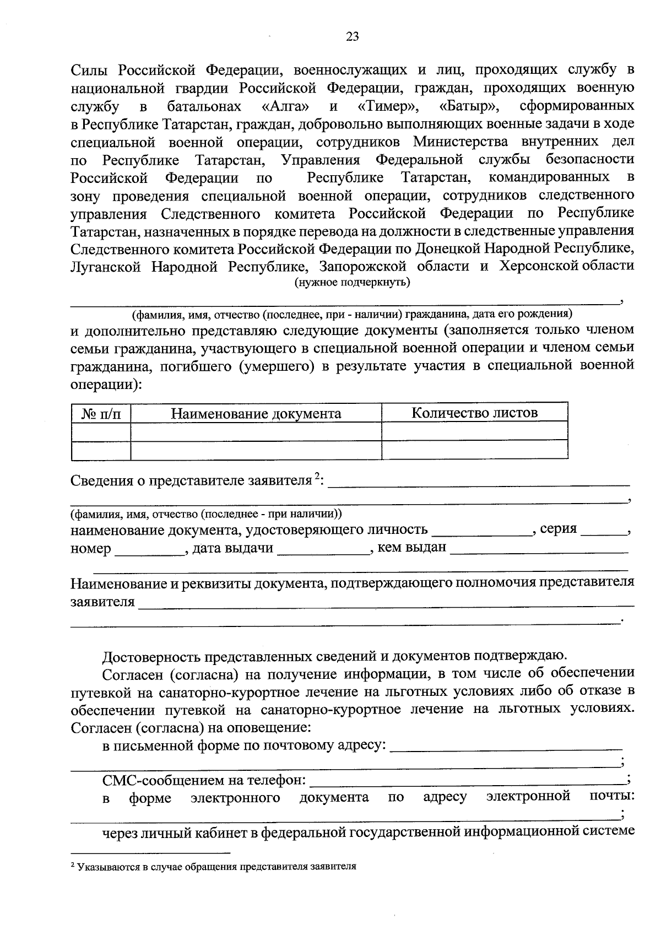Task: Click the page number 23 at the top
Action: [x=352, y=37]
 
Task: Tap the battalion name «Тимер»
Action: [x=390, y=105]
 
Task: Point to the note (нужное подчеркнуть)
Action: [x=352, y=283]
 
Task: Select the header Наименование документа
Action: [x=256, y=414]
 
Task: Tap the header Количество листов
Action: [x=474, y=413]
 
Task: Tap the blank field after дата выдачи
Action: [x=322, y=550]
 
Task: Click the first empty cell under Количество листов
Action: [x=474, y=431]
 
